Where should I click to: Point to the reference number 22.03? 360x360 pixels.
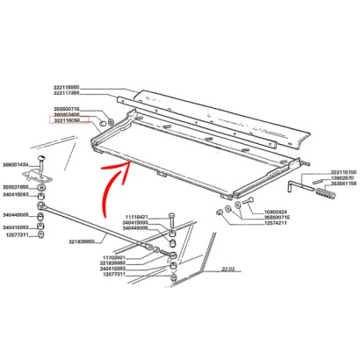tap(229, 270)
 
